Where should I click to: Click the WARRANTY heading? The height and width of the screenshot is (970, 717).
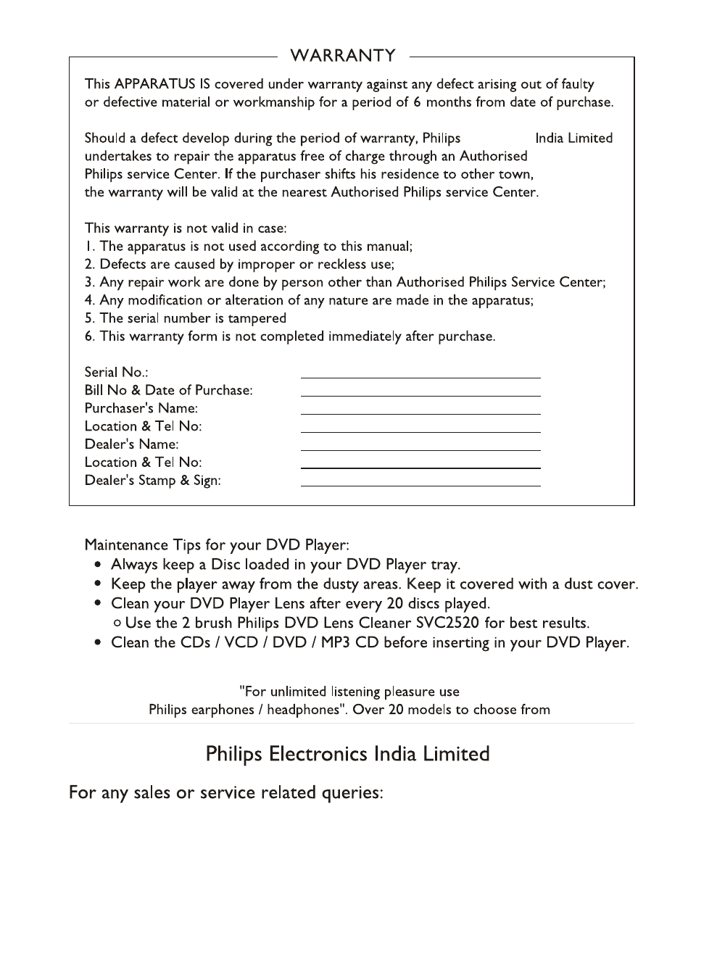point(343,56)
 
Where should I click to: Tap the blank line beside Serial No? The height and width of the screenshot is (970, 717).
point(420,376)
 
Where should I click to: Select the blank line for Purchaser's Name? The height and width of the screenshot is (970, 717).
point(420,413)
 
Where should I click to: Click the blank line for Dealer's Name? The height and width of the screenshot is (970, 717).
point(420,449)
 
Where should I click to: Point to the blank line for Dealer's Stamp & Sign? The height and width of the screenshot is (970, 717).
point(420,484)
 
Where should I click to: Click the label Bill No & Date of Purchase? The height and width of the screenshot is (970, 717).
point(168,391)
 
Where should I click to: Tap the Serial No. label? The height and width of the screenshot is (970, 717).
point(116,373)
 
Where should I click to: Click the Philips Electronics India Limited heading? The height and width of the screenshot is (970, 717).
point(347,754)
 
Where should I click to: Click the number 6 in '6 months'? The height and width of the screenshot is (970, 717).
point(417,102)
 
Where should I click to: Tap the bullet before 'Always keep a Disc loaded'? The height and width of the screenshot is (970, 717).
point(97,565)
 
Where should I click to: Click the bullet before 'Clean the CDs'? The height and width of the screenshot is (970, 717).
point(97,643)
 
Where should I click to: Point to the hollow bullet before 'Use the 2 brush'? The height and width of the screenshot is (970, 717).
point(117,623)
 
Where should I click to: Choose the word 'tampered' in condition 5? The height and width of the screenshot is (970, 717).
point(260,318)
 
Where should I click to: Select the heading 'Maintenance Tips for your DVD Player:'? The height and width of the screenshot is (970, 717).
point(217,544)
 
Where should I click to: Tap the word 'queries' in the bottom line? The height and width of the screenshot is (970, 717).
point(352,793)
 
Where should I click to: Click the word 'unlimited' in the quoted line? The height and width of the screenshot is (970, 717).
point(298,692)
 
